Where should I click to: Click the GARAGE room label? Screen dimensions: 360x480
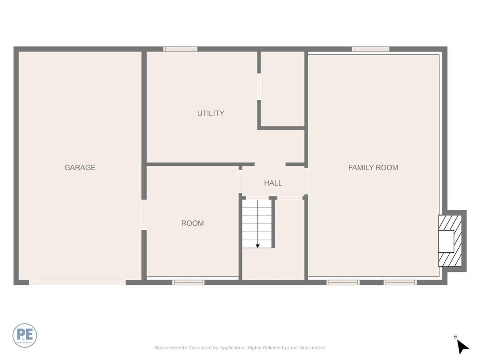(x=80, y=168)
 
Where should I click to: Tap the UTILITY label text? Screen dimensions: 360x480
(x=211, y=113)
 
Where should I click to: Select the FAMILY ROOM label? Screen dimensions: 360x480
(x=373, y=168)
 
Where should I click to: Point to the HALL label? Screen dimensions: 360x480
(x=273, y=183)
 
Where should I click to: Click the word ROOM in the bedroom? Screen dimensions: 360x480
(x=192, y=223)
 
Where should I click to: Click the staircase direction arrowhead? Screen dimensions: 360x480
(x=258, y=246)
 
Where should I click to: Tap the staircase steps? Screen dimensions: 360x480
(x=256, y=223)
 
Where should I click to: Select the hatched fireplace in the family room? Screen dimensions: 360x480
(x=447, y=241)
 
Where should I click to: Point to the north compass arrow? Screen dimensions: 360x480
(x=463, y=346)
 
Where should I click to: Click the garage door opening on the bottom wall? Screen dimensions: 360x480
(x=77, y=282)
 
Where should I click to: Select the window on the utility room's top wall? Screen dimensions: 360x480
(x=180, y=49)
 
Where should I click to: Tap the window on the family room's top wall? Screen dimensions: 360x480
(x=370, y=49)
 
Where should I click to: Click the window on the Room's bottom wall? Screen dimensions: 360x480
(x=188, y=282)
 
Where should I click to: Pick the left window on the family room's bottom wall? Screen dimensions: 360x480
(x=343, y=282)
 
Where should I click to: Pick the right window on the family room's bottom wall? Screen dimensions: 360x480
(x=400, y=282)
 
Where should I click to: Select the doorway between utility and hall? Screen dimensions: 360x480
(x=270, y=164)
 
